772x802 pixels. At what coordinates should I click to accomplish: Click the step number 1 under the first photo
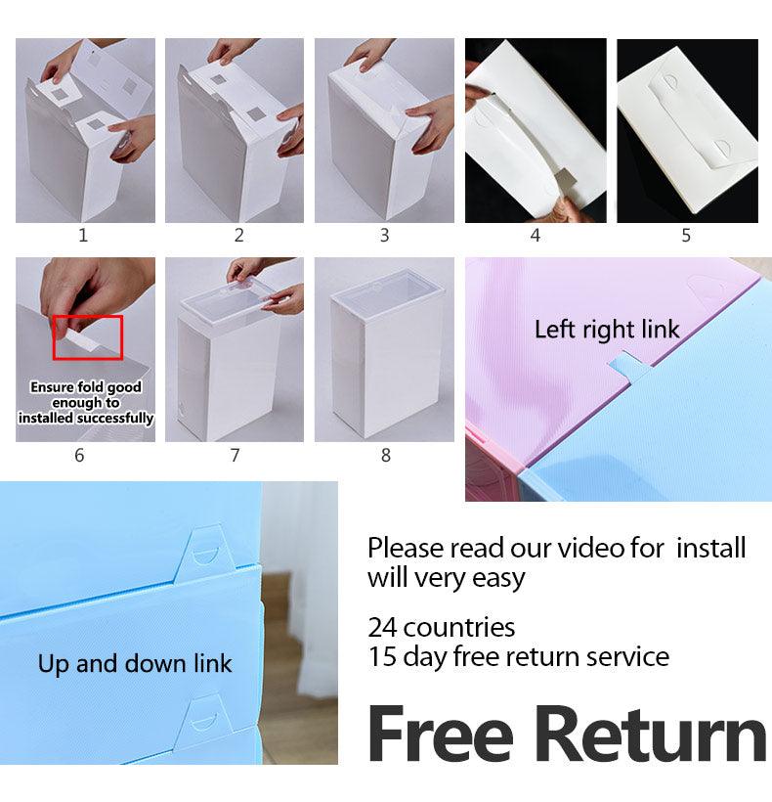click(x=83, y=235)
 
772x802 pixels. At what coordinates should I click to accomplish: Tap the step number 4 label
click(x=535, y=235)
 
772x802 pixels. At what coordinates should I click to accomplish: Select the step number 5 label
click(x=686, y=235)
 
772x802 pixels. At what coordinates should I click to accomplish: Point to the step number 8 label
click(x=386, y=455)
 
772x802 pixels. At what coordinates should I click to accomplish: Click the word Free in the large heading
click(x=443, y=735)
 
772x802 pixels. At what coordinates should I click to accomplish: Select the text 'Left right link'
click(x=606, y=330)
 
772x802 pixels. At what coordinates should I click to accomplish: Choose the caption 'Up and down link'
click(x=135, y=664)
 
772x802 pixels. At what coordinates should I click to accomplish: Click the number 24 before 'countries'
click(x=382, y=626)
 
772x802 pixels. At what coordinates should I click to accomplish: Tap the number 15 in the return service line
click(x=382, y=655)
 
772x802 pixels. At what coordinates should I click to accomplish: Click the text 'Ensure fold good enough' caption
click(x=85, y=402)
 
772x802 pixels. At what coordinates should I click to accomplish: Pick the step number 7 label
click(x=235, y=455)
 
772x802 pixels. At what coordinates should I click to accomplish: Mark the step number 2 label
click(x=238, y=235)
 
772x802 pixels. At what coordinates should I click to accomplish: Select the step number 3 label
click(x=384, y=235)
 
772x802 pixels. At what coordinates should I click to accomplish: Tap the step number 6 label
click(x=79, y=455)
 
